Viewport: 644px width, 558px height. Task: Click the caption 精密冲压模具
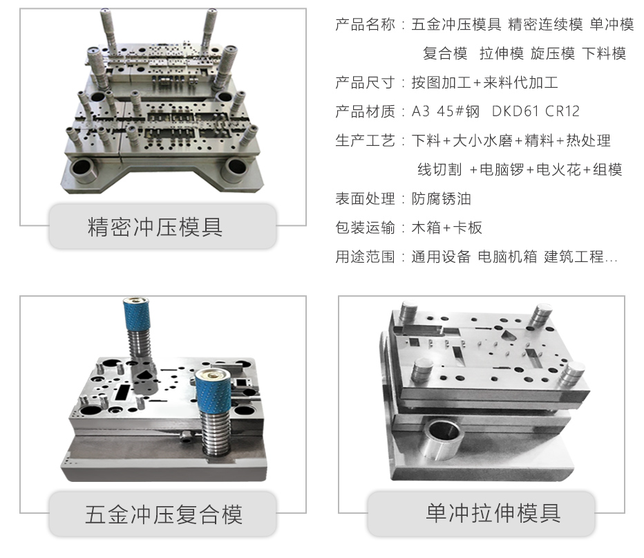click(155, 227)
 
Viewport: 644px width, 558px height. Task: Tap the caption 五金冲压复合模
click(164, 514)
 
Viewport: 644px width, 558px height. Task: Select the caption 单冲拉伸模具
click(493, 513)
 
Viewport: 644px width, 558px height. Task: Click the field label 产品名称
click(365, 25)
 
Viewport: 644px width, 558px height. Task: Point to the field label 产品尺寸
click(365, 82)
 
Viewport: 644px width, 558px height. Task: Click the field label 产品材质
click(365, 111)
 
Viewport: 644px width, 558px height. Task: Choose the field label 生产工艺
click(365, 140)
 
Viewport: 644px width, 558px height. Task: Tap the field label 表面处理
click(365, 199)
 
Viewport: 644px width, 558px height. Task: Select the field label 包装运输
click(365, 227)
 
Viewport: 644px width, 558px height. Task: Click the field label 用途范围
click(365, 257)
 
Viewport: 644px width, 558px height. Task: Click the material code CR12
click(562, 111)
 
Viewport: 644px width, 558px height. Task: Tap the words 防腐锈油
click(441, 199)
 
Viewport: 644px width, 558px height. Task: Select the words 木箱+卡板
click(447, 227)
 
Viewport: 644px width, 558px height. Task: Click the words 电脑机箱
click(508, 257)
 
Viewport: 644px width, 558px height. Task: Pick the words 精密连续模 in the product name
click(545, 25)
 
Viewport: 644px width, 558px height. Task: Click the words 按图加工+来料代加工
click(484, 82)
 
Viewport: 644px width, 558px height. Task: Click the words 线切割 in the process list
click(439, 169)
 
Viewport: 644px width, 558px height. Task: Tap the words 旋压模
click(552, 53)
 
